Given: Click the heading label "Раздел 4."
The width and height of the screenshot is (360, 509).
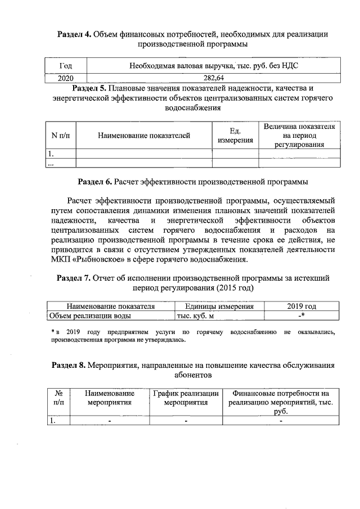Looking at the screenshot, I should (75, 34).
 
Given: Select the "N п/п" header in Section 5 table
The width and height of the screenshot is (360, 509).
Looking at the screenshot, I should (60, 135).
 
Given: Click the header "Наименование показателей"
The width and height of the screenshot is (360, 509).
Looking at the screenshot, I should (143, 135).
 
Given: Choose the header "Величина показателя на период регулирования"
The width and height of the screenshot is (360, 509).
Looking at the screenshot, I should (299, 136).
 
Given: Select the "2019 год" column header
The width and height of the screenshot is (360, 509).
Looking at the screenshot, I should (301, 306).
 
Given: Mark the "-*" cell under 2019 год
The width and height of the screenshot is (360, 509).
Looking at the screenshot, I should (301, 316).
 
